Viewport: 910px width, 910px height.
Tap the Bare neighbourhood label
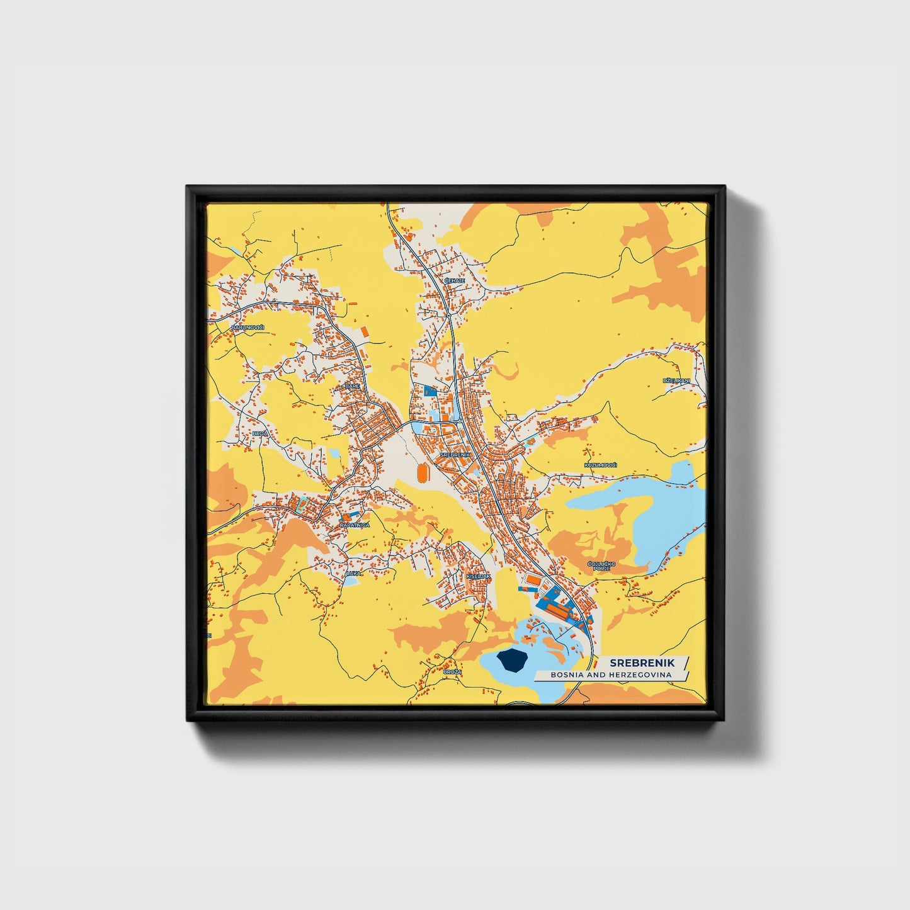tap(351, 386)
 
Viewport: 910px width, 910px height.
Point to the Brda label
tap(260, 434)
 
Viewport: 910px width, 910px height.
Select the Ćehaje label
tap(454, 280)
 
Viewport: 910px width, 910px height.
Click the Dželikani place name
tap(676, 381)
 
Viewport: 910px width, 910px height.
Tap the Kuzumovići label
tap(601, 465)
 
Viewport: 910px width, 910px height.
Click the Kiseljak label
tap(478, 576)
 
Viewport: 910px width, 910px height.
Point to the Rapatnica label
tap(355, 525)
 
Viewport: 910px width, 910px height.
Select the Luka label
tap(353, 573)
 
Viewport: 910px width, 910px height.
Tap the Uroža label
tap(452, 672)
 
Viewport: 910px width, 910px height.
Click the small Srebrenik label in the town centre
tap(455, 454)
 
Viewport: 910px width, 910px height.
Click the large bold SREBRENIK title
tap(642, 663)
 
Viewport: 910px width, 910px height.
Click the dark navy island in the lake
tap(512, 661)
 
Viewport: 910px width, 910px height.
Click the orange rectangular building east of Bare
tap(364, 330)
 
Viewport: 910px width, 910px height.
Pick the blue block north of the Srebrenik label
tap(430, 390)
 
